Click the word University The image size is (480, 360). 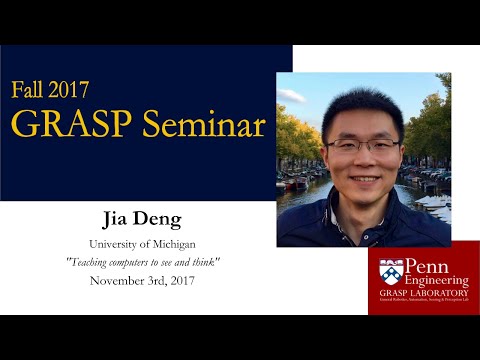click(x=118, y=244)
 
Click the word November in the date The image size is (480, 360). click(x=119, y=280)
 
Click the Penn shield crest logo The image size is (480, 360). click(x=391, y=272)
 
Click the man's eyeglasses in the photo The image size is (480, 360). click(x=362, y=145)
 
